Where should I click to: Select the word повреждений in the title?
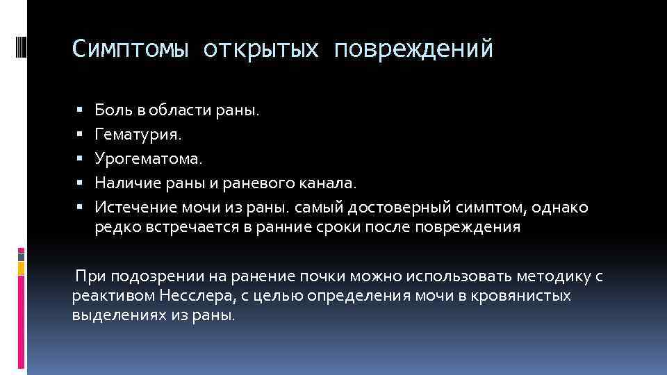(414, 49)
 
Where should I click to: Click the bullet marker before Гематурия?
(81, 134)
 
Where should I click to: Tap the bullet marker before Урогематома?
(81, 159)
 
